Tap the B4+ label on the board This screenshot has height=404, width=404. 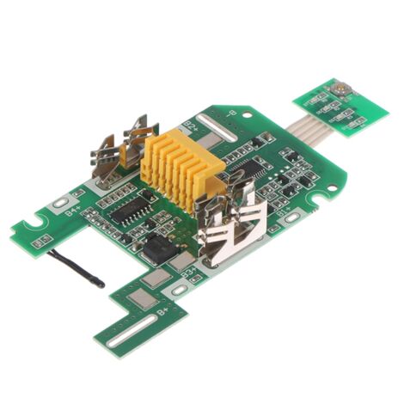[75, 207]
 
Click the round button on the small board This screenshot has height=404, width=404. [340, 88]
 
